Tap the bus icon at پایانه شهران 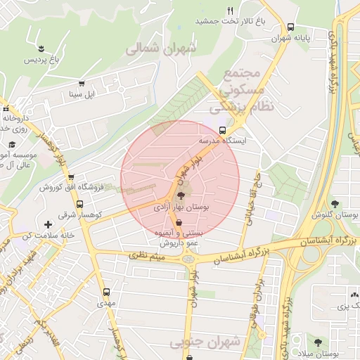pos(290,27)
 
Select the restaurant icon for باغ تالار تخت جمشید pos(230,11)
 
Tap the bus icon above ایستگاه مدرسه pos(223,130)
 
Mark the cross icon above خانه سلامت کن pos(48,224)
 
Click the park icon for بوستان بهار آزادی pos(181,198)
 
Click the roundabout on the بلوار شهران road pos(187,259)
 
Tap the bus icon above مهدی pos(106,291)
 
